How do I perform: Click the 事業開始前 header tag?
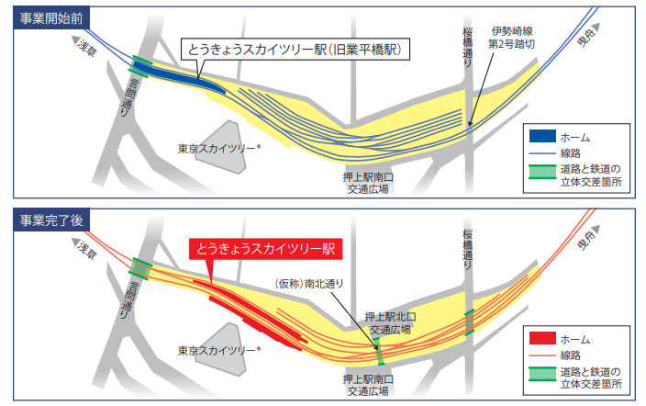pos(50,20)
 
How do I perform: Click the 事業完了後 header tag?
pos(50,220)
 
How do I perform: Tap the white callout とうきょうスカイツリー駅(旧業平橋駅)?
pos(294,49)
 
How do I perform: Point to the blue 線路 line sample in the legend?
pos(542,152)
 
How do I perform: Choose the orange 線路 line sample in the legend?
pos(542,355)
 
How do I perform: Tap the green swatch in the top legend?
pos(542,172)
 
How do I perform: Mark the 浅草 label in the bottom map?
pos(86,249)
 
